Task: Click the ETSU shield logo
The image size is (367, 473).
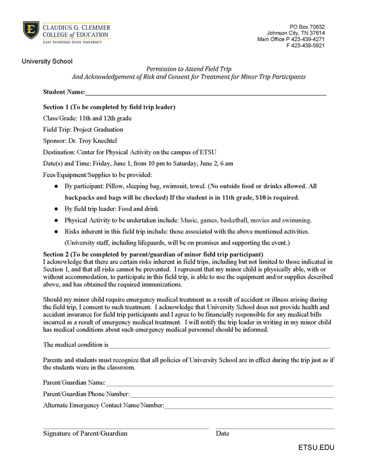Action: [30, 30]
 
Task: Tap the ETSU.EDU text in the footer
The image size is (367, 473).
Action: [316, 448]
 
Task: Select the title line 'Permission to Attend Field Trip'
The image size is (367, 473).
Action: [189, 69]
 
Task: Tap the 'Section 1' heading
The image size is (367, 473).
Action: [109, 107]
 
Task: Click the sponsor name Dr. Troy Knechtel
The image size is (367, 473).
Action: [100, 141]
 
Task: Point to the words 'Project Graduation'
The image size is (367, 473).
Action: [98, 130]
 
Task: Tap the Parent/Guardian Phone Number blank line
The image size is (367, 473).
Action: [231, 394]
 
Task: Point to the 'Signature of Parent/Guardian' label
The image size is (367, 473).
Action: [85, 434]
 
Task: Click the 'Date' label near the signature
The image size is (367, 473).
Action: [222, 434]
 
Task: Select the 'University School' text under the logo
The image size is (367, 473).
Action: [47, 61]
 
